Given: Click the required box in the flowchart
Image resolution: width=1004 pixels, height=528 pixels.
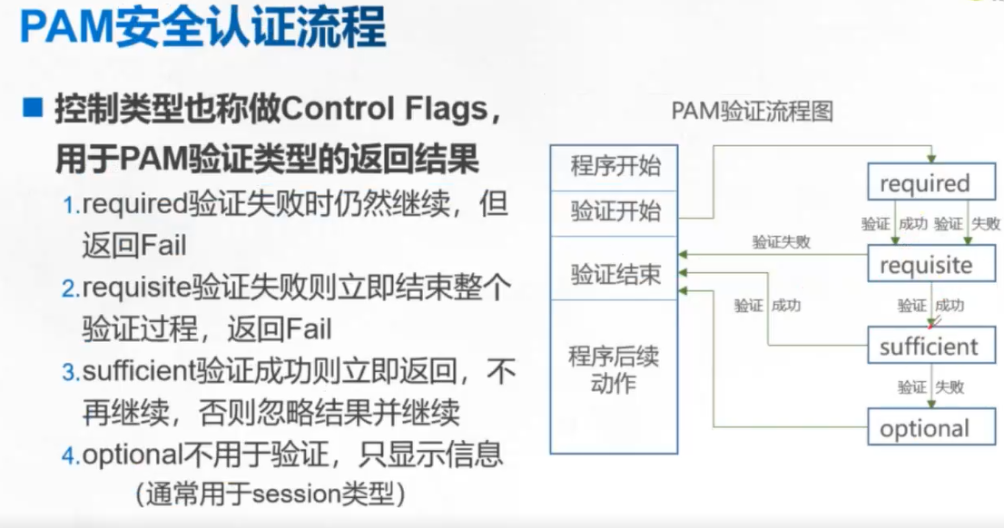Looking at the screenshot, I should [x=924, y=183].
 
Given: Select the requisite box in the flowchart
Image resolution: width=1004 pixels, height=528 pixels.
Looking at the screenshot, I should [x=925, y=265].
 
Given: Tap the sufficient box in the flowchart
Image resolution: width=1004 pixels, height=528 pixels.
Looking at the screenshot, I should [x=929, y=347].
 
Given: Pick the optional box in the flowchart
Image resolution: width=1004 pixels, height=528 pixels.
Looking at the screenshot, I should [x=924, y=428].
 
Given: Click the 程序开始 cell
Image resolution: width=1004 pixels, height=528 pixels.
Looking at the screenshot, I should [x=615, y=166].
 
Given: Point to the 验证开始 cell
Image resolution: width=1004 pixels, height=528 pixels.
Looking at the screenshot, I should [x=615, y=212].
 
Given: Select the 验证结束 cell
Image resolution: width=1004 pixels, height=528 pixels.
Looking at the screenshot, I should [x=615, y=274].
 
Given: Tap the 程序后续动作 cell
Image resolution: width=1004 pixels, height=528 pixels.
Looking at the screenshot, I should [x=615, y=369].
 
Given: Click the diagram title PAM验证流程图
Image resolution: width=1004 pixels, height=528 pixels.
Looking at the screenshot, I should [x=752, y=112].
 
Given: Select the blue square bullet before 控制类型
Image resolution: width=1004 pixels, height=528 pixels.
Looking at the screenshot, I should [x=34, y=110].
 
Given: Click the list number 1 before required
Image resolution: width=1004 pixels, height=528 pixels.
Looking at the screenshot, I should [x=71, y=207].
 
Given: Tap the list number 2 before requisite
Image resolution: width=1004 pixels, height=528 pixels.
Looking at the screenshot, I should [x=71, y=289].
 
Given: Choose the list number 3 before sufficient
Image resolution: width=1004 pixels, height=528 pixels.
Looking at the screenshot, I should [x=71, y=373].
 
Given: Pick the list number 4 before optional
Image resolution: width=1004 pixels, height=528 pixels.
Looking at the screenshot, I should [x=71, y=455].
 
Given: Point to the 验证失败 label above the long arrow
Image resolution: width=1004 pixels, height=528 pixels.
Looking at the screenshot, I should [x=781, y=242].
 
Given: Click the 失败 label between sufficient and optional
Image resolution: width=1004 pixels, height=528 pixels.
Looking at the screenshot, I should [x=950, y=387].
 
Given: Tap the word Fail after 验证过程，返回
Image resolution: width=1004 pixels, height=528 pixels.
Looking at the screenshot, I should [x=308, y=329].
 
